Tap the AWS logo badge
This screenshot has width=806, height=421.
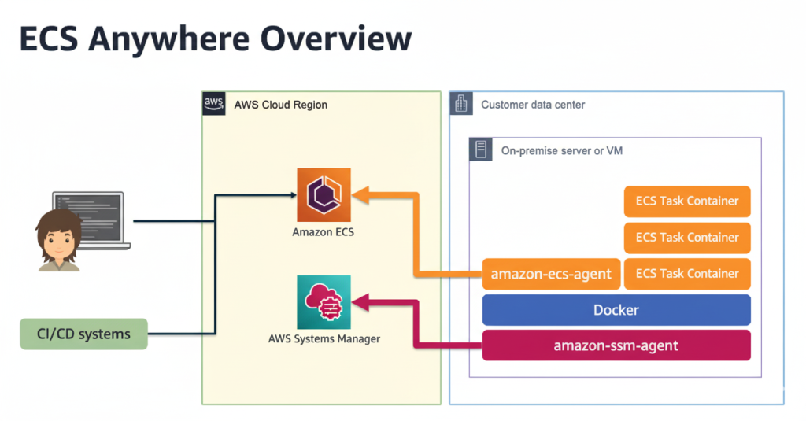(x=213, y=104)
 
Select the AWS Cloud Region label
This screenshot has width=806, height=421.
(x=280, y=105)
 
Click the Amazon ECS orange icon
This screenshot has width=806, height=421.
(x=324, y=194)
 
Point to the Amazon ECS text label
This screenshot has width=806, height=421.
(x=324, y=232)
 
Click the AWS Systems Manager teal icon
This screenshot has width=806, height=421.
(x=324, y=302)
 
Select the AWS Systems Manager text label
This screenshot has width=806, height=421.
(x=324, y=339)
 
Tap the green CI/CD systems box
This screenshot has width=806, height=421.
(x=83, y=334)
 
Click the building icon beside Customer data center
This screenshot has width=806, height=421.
(x=462, y=104)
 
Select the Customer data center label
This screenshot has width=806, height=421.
(x=533, y=105)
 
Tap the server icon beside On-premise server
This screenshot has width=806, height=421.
(x=481, y=150)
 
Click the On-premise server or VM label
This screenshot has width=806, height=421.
(x=561, y=150)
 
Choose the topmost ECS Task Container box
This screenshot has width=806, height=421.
(x=686, y=201)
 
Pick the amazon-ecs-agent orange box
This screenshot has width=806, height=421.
(x=551, y=274)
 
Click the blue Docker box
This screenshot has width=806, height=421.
(x=616, y=310)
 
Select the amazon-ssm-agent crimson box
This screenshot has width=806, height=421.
(x=616, y=345)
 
